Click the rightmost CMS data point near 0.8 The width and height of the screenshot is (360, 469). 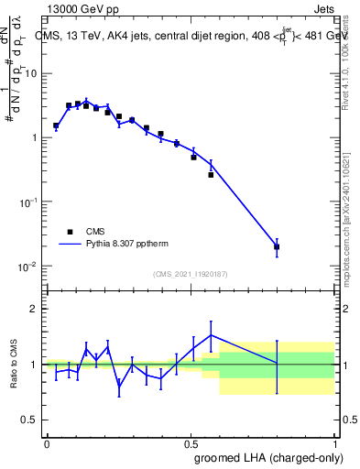click(x=277, y=246)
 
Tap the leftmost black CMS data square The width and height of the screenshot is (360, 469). click(x=56, y=125)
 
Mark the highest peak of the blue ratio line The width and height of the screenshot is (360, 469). click(x=212, y=334)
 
